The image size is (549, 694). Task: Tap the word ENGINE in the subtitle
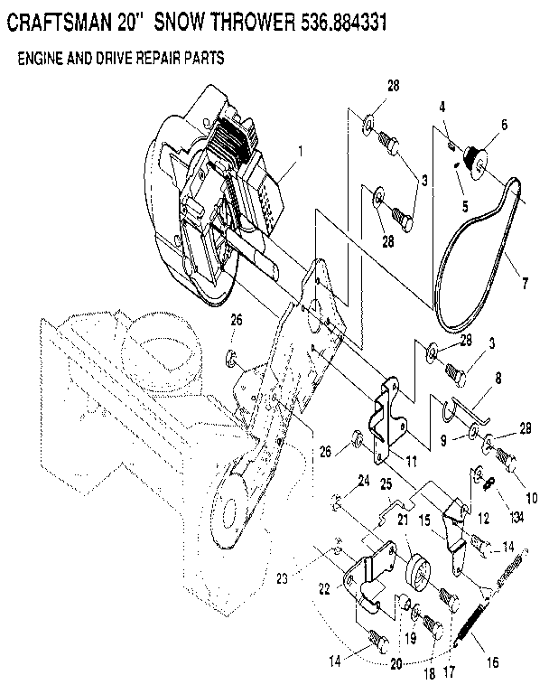click(x=42, y=59)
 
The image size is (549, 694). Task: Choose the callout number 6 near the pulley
click(x=505, y=124)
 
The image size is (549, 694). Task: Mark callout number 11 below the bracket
click(x=411, y=460)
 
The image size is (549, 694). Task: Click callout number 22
click(x=325, y=588)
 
